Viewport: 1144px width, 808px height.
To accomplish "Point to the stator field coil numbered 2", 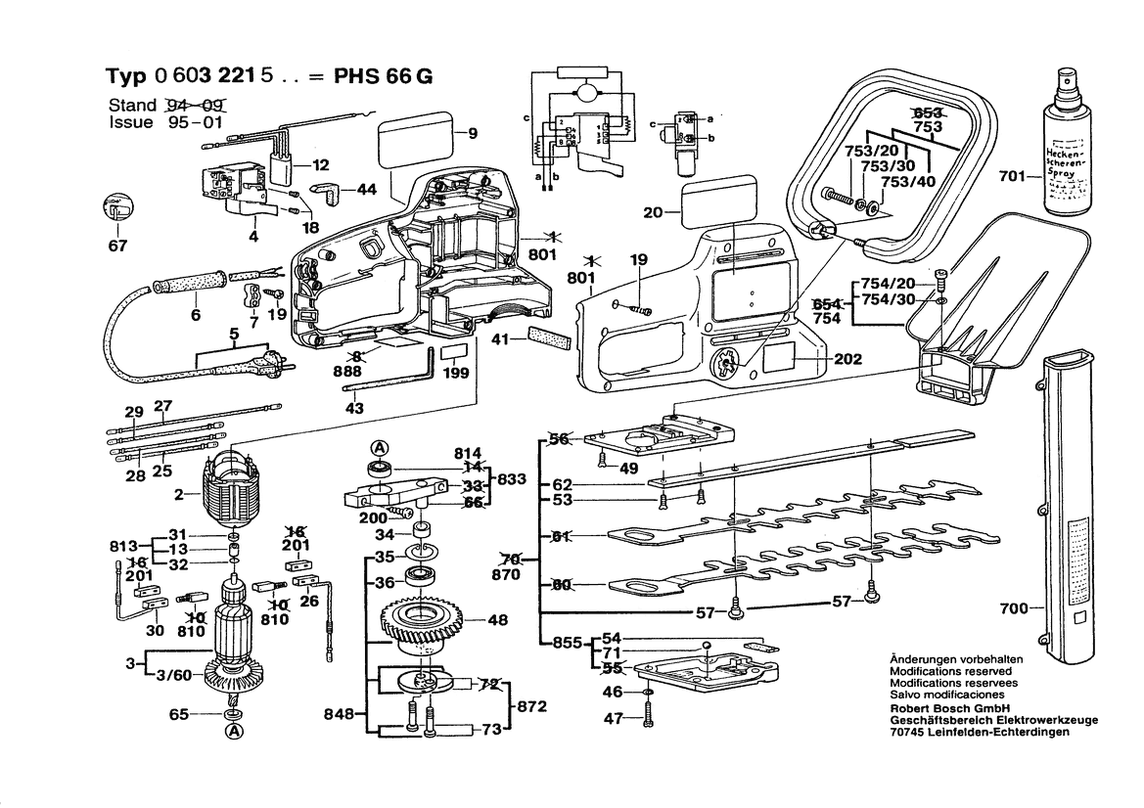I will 234,496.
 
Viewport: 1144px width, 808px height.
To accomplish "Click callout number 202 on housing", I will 848,359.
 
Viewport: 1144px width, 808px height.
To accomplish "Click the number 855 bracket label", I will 566,644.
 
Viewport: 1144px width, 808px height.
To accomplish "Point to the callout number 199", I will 456,374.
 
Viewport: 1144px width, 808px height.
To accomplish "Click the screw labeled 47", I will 648,718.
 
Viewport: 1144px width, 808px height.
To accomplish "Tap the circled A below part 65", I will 234,732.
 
